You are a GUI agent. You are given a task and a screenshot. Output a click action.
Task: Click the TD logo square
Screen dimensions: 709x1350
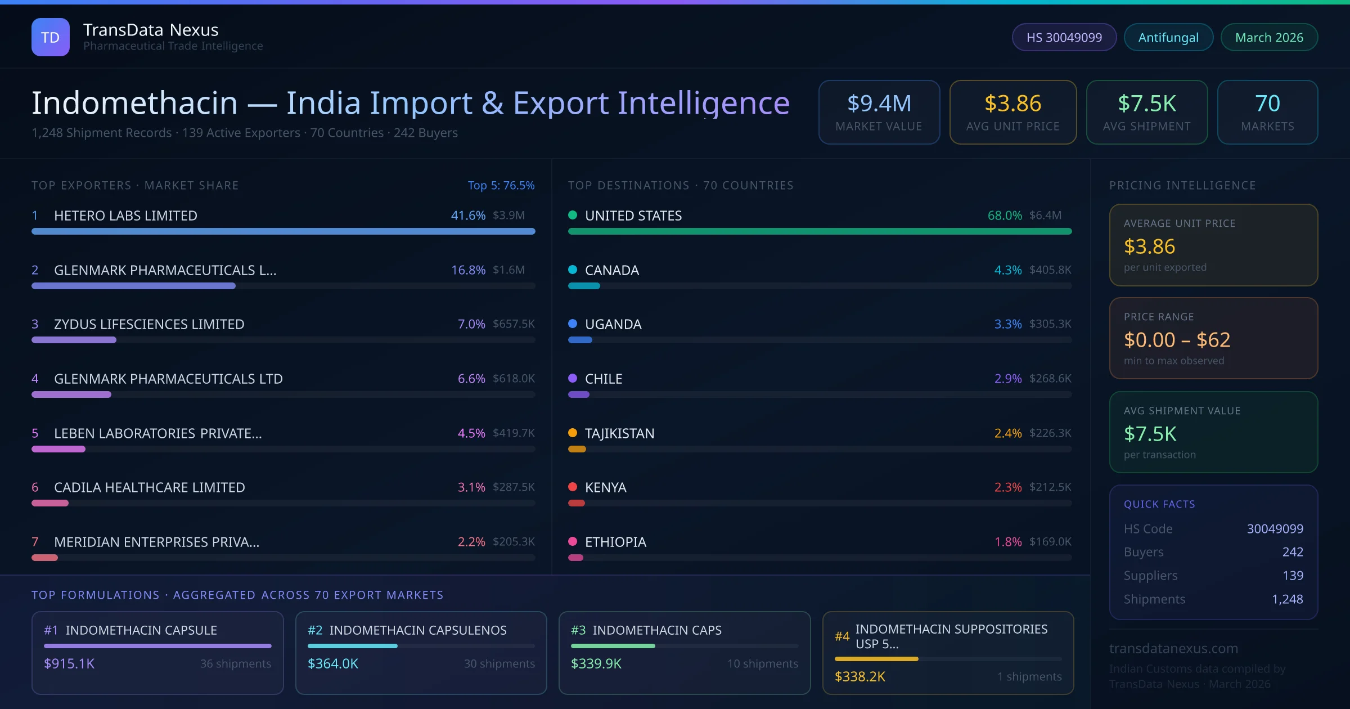pos(51,37)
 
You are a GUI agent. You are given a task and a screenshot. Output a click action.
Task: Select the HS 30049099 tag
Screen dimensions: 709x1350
pos(1064,37)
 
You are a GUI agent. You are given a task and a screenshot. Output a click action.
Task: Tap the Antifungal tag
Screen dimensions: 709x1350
pos(1168,37)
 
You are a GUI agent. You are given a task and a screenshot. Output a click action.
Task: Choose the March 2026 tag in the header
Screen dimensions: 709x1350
pos(1269,37)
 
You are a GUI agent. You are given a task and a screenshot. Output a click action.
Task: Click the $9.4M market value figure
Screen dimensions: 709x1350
pos(879,103)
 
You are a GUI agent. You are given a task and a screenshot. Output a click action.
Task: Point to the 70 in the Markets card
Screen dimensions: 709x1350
pos(1267,103)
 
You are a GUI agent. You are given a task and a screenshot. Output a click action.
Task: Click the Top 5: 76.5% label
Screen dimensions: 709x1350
pos(501,185)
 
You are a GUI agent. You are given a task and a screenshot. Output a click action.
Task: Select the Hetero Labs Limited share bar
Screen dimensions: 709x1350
pos(283,231)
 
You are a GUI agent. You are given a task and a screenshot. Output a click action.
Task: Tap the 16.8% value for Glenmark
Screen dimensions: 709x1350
pos(468,270)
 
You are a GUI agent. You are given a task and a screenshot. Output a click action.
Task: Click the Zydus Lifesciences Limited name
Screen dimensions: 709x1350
pos(149,324)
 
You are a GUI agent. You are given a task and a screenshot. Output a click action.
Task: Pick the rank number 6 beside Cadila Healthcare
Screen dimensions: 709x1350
pos(35,487)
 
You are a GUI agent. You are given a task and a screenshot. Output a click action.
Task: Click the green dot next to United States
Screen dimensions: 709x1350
pos(573,215)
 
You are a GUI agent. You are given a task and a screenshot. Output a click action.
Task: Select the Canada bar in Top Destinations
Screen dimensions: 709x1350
pos(584,286)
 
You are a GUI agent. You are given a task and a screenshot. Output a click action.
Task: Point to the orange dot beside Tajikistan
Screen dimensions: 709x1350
pos(573,433)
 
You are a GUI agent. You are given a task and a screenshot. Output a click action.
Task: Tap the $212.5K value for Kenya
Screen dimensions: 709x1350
pos(1050,487)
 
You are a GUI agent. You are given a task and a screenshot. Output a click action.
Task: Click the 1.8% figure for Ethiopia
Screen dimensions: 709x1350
pos(1008,542)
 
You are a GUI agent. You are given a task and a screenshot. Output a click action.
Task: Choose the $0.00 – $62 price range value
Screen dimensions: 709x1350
pos(1177,340)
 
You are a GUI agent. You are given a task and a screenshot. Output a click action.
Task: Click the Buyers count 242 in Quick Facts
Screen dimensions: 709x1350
pos(1293,552)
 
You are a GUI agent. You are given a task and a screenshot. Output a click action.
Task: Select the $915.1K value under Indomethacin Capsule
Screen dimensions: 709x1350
pos(69,664)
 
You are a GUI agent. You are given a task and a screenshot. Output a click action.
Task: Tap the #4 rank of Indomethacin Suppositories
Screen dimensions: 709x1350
pos(842,636)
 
